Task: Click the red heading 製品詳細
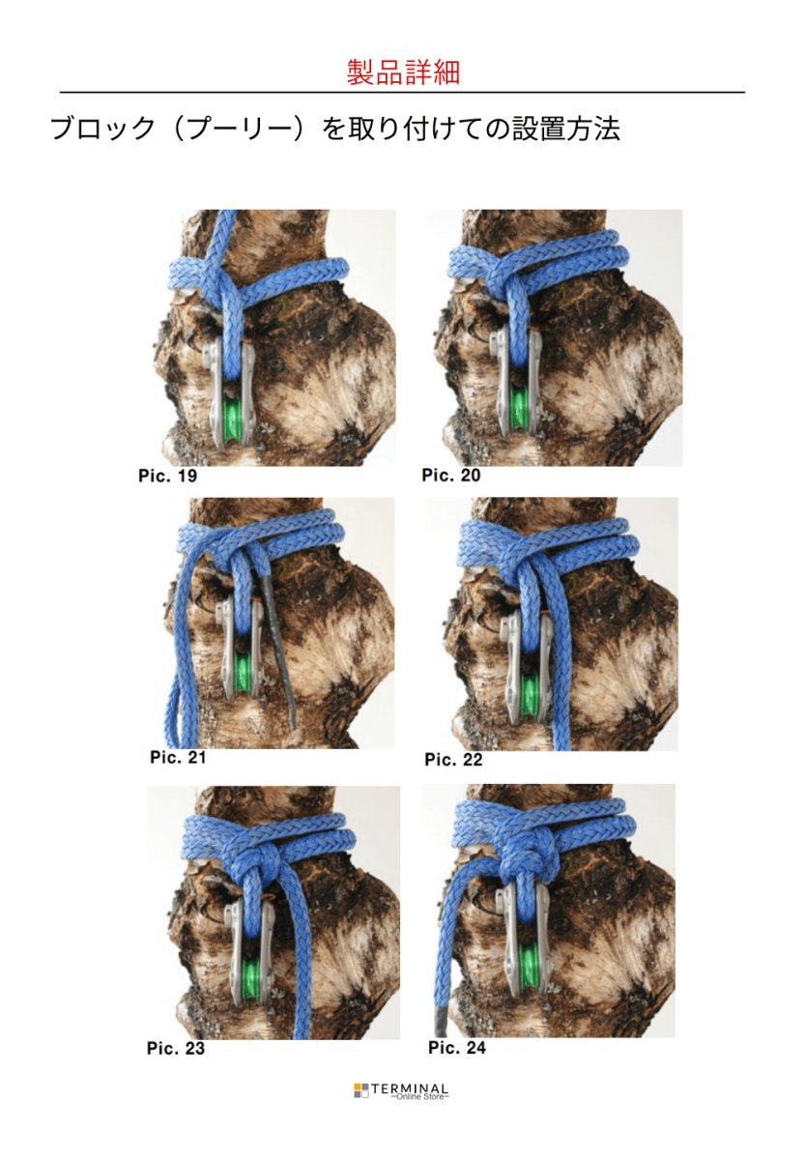click(x=402, y=72)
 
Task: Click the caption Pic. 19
click(x=167, y=476)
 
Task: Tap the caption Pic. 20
click(x=451, y=475)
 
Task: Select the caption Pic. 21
click(x=178, y=757)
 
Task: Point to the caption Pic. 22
click(x=453, y=759)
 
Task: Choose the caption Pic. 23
click(x=176, y=1048)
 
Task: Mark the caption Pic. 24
click(x=456, y=1047)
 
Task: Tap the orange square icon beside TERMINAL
click(x=358, y=1085)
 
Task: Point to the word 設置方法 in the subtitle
click(x=566, y=129)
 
